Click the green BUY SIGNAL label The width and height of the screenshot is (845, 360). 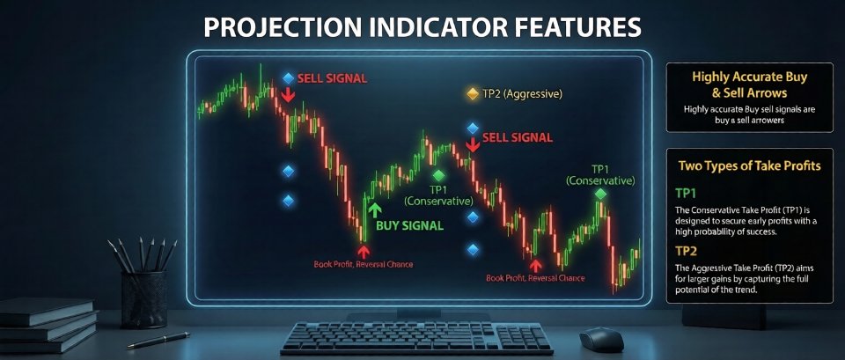coord(410,225)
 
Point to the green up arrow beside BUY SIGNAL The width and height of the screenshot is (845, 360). coord(375,209)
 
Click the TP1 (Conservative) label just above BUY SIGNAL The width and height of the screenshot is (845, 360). coord(437,195)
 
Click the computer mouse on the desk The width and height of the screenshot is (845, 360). coord(602,337)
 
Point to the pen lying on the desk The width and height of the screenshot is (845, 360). coord(159,339)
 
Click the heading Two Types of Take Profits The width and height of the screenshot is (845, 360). coord(749,165)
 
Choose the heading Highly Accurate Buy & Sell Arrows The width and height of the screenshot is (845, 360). coord(749,84)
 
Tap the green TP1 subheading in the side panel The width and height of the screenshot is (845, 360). coord(686,192)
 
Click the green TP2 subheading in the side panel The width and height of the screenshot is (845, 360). coord(686,251)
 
